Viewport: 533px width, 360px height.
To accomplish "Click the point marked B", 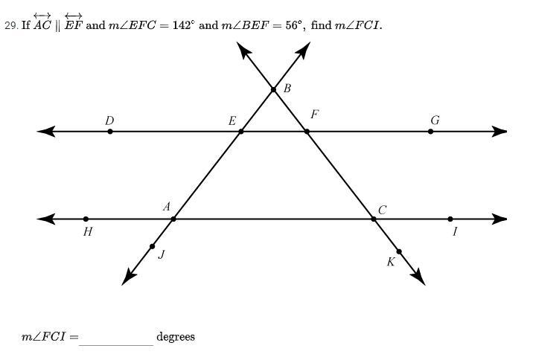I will [x=274, y=89].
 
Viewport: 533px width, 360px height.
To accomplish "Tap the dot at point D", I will [x=110, y=132].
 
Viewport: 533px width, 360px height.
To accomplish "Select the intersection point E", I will [x=241, y=132].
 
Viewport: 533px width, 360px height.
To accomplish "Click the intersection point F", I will [x=307, y=132].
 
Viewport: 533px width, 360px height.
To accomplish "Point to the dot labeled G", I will [x=431, y=132].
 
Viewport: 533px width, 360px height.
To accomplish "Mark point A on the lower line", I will [x=173, y=219].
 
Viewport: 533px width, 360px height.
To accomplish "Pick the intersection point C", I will [x=374, y=219].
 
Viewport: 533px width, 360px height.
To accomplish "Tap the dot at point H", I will [x=86, y=219].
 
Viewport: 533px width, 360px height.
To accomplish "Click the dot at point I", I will [x=450, y=219].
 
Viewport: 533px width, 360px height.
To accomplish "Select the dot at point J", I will [x=153, y=246].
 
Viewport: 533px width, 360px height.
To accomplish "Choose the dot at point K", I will [x=399, y=251].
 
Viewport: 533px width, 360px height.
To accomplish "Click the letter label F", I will [x=315, y=115].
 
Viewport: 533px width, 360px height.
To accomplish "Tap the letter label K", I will [x=390, y=262].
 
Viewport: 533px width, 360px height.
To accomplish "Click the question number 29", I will [x=10, y=25].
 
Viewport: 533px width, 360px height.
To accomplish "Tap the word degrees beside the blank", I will [x=176, y=337].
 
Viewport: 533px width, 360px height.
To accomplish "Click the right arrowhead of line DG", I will [x=500, y=132].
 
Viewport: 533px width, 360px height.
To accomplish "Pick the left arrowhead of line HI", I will [x=45, y=219].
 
